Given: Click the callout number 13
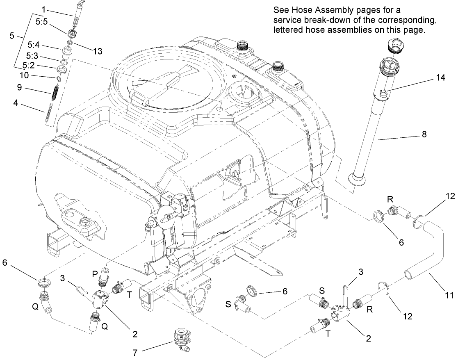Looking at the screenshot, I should point(98,51).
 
